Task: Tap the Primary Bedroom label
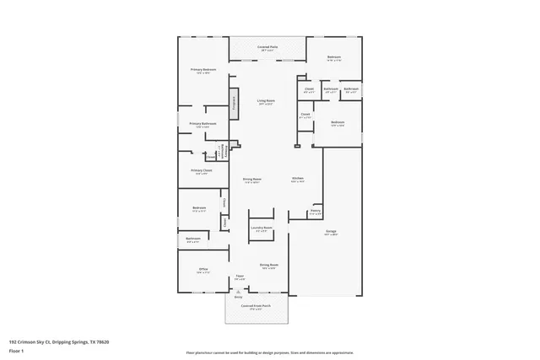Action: point(203,69)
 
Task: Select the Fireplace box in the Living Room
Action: point(234,104)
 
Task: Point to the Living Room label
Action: point(266,100)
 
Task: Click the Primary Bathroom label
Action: point(203,124)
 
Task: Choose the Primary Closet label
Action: point(201,170)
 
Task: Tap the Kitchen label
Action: point(298,179)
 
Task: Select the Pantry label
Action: point(315,211)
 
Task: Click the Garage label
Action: point(332,231)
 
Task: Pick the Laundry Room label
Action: point(262,228)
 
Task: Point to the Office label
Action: point(202,270)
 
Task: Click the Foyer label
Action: point(240,276)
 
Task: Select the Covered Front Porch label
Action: point(255,306)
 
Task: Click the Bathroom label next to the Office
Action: point(193,239)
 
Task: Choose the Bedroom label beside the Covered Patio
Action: point(334,57)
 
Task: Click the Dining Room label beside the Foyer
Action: point(268,265)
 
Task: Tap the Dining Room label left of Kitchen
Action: point(251,179)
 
